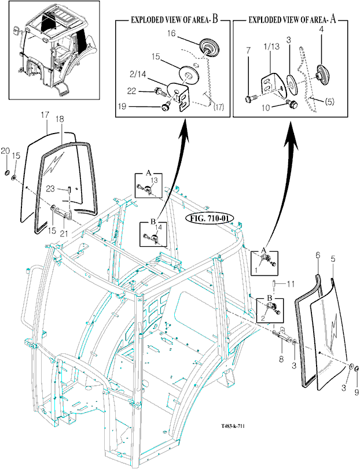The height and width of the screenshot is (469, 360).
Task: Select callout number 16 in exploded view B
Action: coord(172,34)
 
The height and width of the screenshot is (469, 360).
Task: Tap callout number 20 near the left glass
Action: coord(6,150)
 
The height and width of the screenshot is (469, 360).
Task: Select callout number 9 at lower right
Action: coord(357,392)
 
